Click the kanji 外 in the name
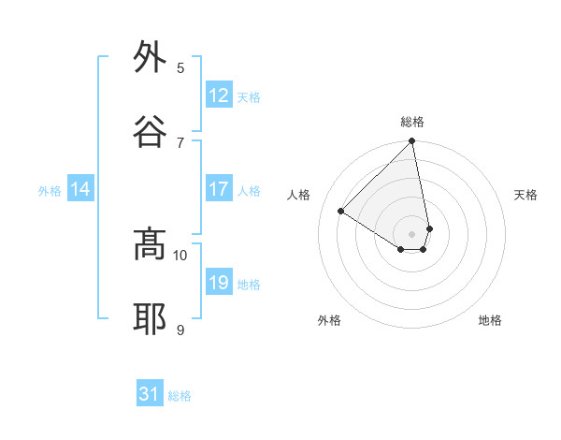tap(150, 58)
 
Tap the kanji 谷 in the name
tap(150, 132)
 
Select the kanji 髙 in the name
tap(150, 245)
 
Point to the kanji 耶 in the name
tap(150, 319)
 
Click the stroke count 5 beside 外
tap(180, 67)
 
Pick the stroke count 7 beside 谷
tap(180, 142)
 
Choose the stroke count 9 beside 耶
tap(180, 330)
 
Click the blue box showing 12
tap(219, 95)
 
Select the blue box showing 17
tap(219, 189)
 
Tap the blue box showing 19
tap(219, 283)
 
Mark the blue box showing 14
tap(80, 189)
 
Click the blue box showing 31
tap(150, 394)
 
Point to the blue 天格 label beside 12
tap(249, 97)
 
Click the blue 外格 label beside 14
tap(50, 191)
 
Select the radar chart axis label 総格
tap(412, 122)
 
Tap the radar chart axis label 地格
tap(490, 320)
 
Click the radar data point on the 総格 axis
tap(412, 142)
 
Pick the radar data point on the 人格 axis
tap(341, 212)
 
